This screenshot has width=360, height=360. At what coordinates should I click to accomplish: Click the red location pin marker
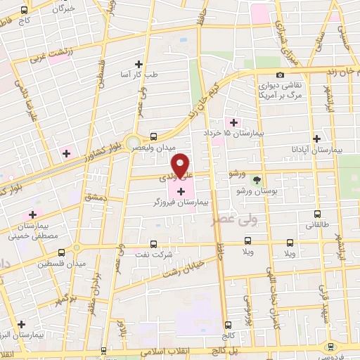click(181, 165)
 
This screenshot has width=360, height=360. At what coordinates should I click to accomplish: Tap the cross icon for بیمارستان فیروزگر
click(182, 191)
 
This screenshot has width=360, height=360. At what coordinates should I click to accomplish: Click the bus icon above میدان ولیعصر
click(153, 136)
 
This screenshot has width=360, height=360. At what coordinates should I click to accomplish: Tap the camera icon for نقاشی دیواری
click(281, 75)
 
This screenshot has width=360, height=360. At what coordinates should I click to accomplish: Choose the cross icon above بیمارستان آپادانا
click(316, 139)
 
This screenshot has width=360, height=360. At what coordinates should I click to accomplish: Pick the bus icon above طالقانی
click(316, 214)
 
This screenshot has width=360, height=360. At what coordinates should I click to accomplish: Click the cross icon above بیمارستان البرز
click(22, 324)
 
